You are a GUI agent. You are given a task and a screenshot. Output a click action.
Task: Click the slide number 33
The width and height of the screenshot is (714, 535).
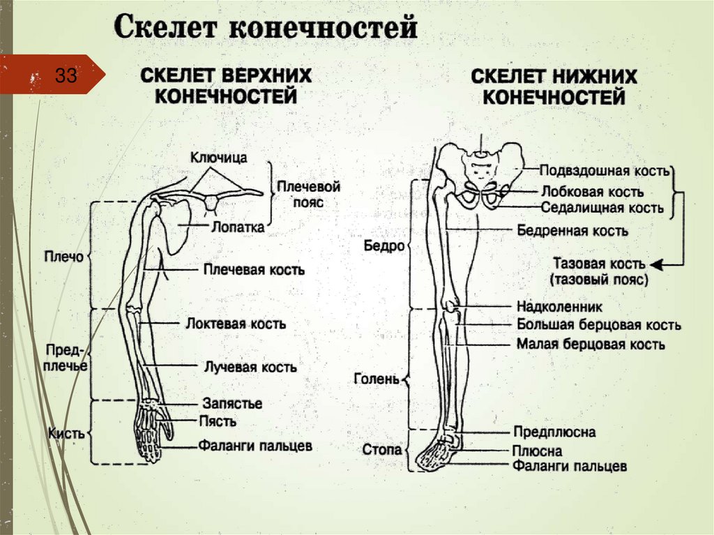pyautogui.click(x=66, y=75)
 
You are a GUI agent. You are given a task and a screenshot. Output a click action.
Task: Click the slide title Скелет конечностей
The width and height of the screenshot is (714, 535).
pyautogui.click(x=266, y=29)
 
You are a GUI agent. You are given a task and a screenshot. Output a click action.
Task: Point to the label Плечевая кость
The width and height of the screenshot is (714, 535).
pyautogui.click(x=254, y=269)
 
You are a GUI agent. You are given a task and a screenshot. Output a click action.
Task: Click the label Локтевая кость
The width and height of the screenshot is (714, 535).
pyautogui.click(x=236, y=324)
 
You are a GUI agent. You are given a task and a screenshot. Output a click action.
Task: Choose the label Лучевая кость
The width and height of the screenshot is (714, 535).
pyautogui.click(x=250, y=366)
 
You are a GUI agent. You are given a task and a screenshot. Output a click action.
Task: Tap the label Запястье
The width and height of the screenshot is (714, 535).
pyautogui.click(x=232, y=403)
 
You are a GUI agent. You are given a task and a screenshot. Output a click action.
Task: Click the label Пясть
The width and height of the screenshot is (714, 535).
pyautogui.click(x=218, y=421)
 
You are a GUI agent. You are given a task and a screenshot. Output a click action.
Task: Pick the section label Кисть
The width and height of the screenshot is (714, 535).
pyautogui.click(x=66, y=433)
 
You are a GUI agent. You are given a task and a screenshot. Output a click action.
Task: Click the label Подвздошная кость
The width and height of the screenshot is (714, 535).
pyautogui.click(x=605, y=170)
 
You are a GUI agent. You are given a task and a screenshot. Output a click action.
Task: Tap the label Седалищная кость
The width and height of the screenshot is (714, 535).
pyautogui.click(x=602, y=207)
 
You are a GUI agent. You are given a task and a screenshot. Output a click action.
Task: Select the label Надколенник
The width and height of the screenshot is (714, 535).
pyautogui.click(x=559, y=306)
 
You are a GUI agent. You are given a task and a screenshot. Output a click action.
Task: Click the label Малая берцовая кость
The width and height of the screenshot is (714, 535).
pyautogui.click(x=591, y=344)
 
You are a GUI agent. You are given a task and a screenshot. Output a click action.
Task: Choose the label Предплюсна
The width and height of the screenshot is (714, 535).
pyautogui.click(x=554, y=432)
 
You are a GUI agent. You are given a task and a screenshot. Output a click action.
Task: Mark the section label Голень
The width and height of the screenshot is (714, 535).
pyautogui.click(x=377, y=379)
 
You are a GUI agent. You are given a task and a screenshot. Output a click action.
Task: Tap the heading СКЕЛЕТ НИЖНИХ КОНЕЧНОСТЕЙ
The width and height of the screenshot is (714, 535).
pyautogui.click(x=554, y=86)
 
